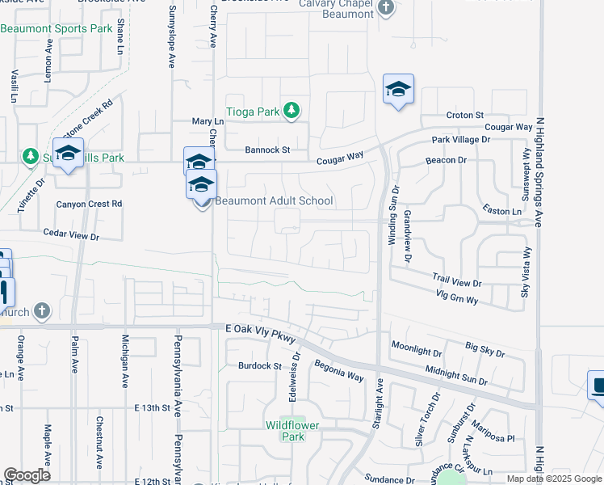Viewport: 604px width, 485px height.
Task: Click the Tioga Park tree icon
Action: coord(291,112)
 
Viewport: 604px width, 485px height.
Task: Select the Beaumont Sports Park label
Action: coord(57,28)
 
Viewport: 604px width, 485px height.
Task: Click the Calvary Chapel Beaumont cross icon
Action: coord(386,8)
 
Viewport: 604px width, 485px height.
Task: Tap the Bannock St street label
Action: coord(267,150)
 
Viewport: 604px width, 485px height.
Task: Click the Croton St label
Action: coord(464,116)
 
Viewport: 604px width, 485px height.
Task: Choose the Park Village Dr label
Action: coord(460,140)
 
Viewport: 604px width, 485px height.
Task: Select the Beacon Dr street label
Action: coord(447,161)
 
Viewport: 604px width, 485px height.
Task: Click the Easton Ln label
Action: coord(501,211)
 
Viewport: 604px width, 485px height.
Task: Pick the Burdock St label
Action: coord(258,365)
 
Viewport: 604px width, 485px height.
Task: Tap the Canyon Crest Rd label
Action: coord(89,204)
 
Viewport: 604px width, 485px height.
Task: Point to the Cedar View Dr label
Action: coord(71,237)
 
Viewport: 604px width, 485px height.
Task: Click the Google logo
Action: coord(27,475)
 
